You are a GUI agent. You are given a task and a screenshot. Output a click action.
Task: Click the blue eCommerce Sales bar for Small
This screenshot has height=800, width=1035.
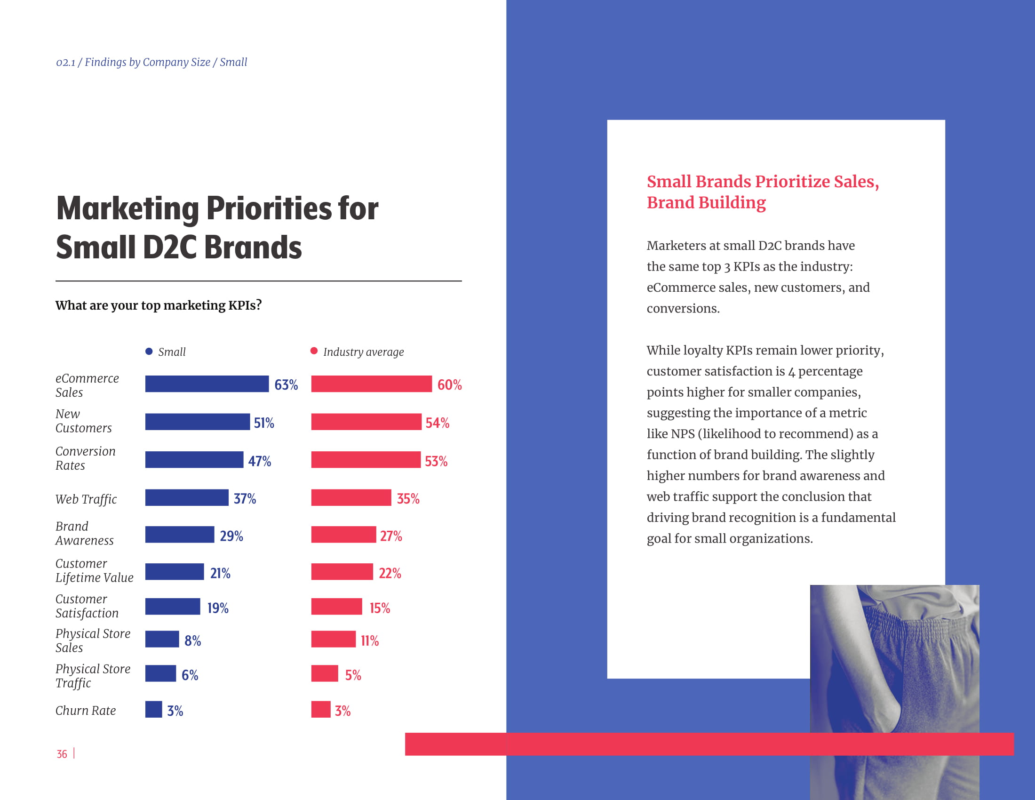(x=207, y=384)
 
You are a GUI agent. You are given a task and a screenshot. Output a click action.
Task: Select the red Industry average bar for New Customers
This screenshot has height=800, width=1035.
(x=366, y=422)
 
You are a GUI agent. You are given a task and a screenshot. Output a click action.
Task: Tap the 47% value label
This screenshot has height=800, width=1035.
(x=259, y=461)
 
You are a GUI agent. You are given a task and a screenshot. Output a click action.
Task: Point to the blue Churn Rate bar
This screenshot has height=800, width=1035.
(x=153, y=710)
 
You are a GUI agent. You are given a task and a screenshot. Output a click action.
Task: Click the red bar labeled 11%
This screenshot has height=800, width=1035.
(x=333, y=640)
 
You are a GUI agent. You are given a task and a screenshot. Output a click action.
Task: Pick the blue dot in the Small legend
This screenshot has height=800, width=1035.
(x=149, y=351)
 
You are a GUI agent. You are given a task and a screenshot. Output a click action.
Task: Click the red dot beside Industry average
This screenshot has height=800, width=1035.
(x=314, y=351)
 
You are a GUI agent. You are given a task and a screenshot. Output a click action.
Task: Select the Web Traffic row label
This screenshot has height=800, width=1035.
(x=86, y=499)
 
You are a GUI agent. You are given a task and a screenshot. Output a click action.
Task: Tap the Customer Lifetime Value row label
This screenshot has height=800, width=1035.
(x=94, y=571)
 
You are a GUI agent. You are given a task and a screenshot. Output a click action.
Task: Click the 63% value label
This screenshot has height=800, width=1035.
(x=286, y=384)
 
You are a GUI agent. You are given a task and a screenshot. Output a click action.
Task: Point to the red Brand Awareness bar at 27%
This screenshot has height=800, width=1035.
(x=343, y=535)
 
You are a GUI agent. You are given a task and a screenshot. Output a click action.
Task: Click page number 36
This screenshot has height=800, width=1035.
(x=62, y=754)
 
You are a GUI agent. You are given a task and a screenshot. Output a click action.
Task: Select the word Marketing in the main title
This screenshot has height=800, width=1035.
(x=127, y=208)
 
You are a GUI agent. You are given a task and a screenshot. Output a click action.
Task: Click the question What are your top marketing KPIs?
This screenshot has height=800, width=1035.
(x=158, y=305)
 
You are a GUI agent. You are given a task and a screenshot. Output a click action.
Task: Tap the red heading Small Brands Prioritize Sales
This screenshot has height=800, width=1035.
(x=763, y=182)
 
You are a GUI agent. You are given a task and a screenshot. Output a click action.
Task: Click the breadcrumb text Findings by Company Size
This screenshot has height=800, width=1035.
(x=147, y=62)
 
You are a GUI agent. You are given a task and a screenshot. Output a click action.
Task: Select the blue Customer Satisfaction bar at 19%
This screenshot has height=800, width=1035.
(x=173, y=607)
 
